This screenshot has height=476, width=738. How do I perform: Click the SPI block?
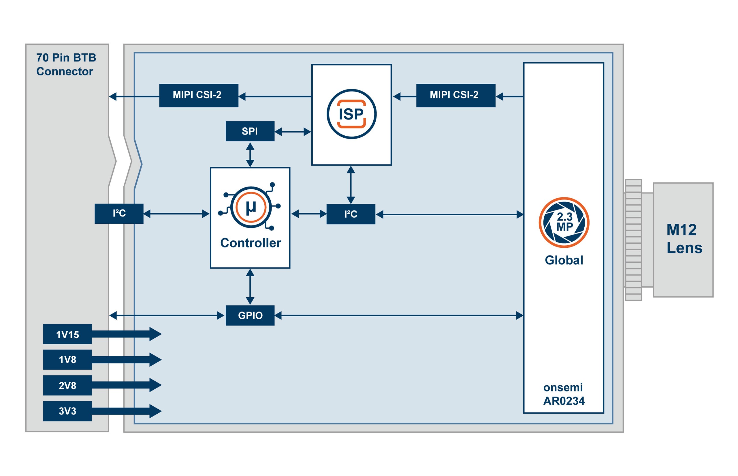(x=250, y=131)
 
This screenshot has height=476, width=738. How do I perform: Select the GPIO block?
(x=250, y=315)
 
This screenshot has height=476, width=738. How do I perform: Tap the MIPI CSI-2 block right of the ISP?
(x=455, y=95)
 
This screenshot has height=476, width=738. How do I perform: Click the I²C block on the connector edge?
(x=119, y=214)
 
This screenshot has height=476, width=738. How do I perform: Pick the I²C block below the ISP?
(x=351, y=214)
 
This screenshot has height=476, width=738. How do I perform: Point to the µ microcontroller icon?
(x=251, y=207)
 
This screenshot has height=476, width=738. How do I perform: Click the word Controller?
(x=250, y=243)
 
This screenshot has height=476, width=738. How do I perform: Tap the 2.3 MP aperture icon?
(x=564, y=222)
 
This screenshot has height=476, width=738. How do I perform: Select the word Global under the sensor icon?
(x=564, y=260)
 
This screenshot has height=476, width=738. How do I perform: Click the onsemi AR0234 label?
(x=564, y=394)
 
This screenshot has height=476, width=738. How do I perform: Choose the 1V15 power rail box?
(x=67, y=334)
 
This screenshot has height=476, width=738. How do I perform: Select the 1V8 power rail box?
(x=67, y=359)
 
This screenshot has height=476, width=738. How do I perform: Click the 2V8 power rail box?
(x=67, y=385)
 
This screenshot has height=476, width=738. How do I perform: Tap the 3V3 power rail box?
(x=67, y=411)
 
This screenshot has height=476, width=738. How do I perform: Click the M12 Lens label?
(x=684, y=239)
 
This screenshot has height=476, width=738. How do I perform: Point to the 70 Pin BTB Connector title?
(x=66, y=64)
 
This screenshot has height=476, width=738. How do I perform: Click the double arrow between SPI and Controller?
(x=250, y=154)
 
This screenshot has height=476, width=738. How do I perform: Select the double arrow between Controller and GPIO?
(x=250, y=287)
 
